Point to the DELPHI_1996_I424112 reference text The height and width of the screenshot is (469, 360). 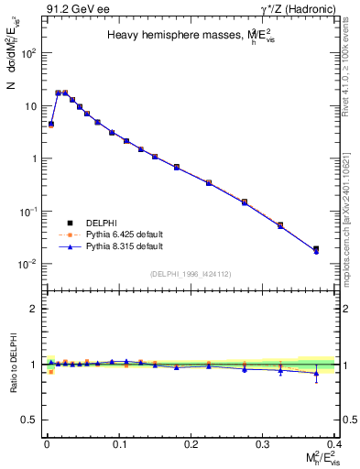(x=190, y=273)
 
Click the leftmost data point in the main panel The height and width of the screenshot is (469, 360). (x=51, y=124)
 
